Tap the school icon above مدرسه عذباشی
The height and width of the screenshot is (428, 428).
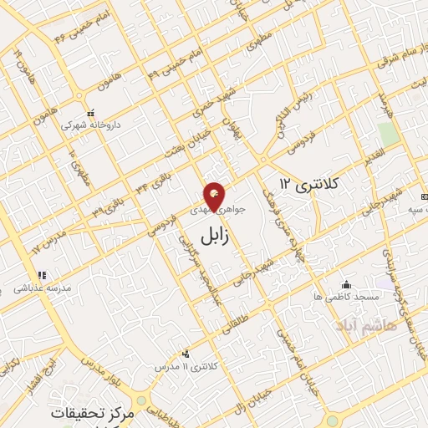tap(39, 275)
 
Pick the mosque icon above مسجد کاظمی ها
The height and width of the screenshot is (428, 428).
tap(346, 284)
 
